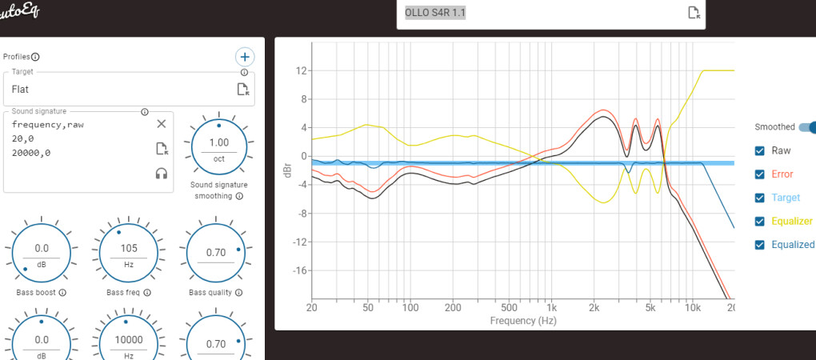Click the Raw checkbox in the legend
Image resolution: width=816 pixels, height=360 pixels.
pos(760,150)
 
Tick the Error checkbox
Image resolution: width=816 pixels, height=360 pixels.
pos(760,174)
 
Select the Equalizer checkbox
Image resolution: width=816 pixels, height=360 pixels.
pos(760,221)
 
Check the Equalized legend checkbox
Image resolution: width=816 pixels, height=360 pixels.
pos(760,245)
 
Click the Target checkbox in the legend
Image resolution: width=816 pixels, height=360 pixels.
pos(760,198)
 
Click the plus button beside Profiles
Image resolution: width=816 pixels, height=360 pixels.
pos(245,57)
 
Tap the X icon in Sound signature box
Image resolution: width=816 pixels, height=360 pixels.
pos(161,123)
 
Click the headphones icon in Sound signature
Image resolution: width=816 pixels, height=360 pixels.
pos(161,173)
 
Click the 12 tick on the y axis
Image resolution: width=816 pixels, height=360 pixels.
pos(302,70)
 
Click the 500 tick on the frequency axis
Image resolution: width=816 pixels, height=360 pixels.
pos(509,307)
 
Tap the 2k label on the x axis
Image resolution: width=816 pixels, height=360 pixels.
pos(594,307)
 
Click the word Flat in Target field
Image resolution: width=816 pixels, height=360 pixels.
pos(21,90)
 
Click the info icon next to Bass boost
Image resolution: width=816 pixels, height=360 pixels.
pos(62,293)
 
